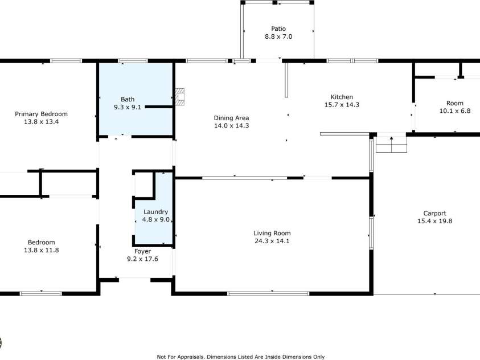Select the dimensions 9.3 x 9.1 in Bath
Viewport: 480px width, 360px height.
point(127,107)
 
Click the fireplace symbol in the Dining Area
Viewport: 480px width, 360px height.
point(180,97)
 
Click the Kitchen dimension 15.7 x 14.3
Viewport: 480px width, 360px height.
point(342,105)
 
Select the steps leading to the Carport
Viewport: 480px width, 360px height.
point(392,146)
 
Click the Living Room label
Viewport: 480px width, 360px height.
point(272,233)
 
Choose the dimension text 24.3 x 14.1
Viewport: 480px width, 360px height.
point(272,241)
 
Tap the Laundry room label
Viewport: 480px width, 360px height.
point(155,212)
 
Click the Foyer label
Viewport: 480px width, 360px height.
point(142,251)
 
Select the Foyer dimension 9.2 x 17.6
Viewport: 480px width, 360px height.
point(142,259)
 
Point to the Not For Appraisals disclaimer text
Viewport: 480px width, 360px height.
point(240,357)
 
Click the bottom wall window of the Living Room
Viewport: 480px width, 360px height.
point(268,293)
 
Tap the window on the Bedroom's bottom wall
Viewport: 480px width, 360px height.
point(40,293)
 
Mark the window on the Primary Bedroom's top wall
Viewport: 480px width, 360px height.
point(65,60)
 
